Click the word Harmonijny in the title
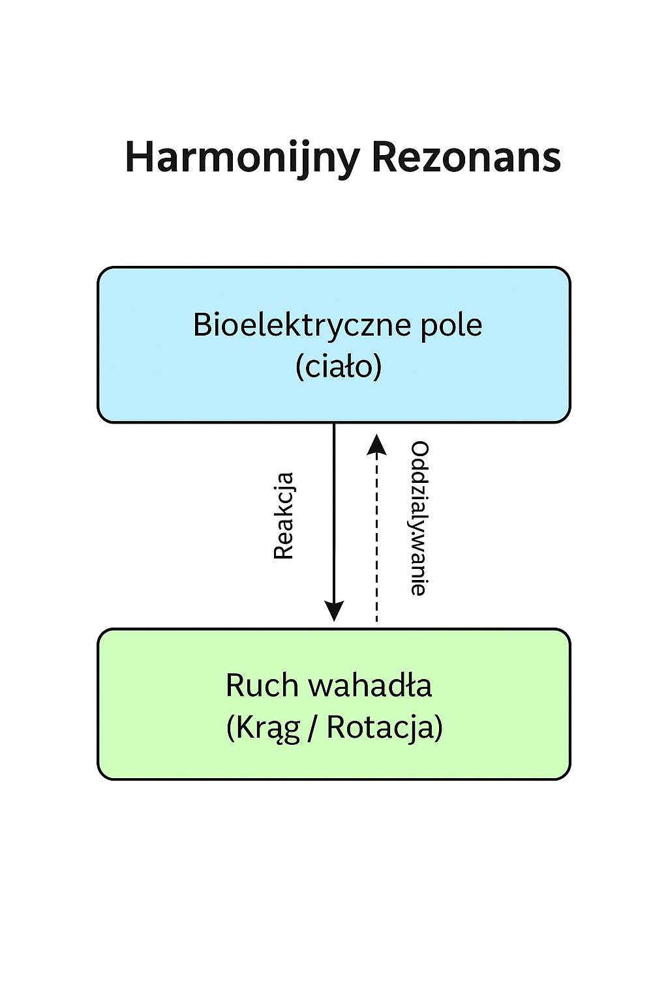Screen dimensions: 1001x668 point(242,158)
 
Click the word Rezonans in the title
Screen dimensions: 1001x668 point(466,158)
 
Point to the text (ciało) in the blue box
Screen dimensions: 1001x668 point(338,366)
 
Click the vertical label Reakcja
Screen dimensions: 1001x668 point(284,516)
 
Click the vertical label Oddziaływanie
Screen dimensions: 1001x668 point(419,518)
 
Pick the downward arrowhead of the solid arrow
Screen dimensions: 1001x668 point(334,611)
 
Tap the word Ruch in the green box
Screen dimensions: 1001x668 point(262,686)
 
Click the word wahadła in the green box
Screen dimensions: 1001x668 point(370,686)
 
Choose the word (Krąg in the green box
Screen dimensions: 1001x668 point(263,727)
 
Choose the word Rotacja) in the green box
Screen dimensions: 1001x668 point(384,727)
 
